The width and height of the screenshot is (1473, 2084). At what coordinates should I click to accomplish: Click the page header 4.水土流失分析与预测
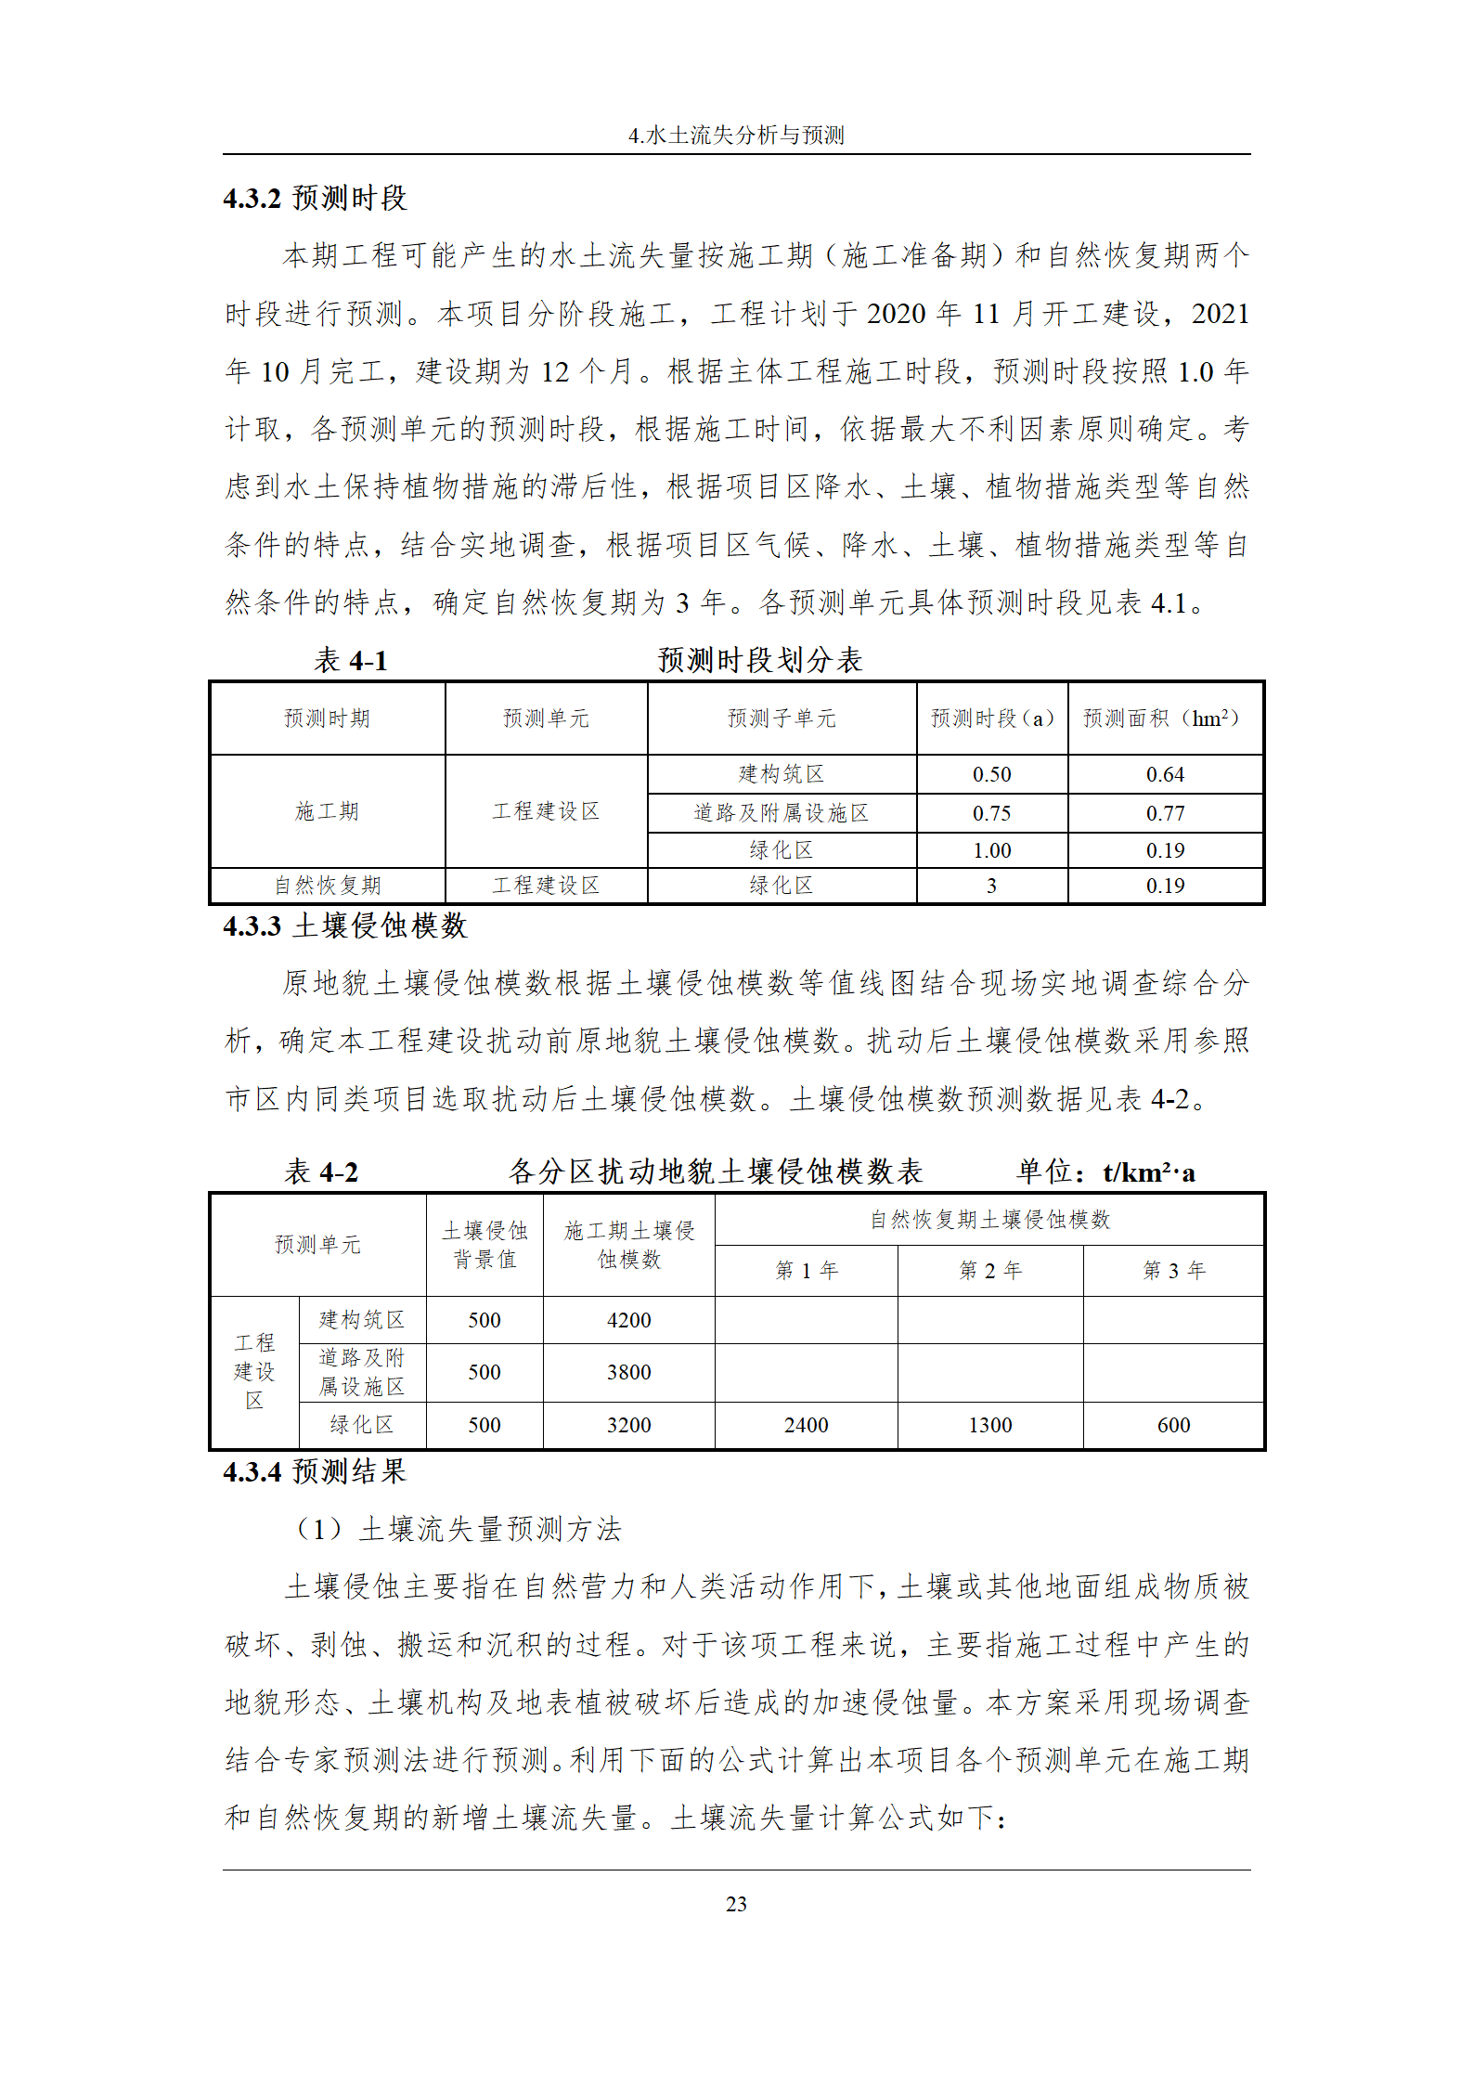[x=736, y=136]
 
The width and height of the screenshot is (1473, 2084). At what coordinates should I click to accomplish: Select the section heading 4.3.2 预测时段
[x=315, y=198]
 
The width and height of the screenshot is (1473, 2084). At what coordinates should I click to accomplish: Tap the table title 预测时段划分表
[x=760, y=660]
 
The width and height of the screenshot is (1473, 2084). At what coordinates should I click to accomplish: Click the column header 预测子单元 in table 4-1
[x=782, y=718]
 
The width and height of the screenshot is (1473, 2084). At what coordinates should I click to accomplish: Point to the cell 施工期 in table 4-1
[x=327, y=811]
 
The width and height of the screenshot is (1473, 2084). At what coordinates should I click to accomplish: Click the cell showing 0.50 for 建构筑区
[x=991, y=774]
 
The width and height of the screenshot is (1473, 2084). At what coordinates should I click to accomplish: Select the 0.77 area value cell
[x=1165, y=813]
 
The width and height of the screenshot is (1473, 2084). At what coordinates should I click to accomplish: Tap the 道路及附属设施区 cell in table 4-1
[x=782, y=813]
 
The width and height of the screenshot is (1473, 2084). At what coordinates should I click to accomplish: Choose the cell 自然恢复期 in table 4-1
[x=327, y=886]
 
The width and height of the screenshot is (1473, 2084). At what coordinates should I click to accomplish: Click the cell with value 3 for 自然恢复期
[x=991, y=886]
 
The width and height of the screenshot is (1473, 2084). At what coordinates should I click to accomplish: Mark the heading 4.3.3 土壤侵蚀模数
[x=344, y=926]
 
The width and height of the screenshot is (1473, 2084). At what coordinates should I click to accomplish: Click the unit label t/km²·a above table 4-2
[x=1148, y=1172]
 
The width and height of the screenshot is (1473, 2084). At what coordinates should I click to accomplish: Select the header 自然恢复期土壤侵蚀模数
[x=989, y=1220]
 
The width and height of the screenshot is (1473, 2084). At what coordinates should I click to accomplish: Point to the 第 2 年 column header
[x=989, y=1270]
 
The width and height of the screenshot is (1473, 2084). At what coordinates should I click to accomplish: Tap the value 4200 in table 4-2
[x=628, y=1320]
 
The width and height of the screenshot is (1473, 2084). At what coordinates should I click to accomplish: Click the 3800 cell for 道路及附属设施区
[x=628, y=1372]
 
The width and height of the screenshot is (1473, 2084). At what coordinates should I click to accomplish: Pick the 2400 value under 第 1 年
[x=806, y=1425]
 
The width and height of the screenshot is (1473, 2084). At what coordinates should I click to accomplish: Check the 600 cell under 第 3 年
[x=1173, y=1425]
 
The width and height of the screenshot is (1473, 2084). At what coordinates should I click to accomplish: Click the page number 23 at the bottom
[x=736, y=1904]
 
